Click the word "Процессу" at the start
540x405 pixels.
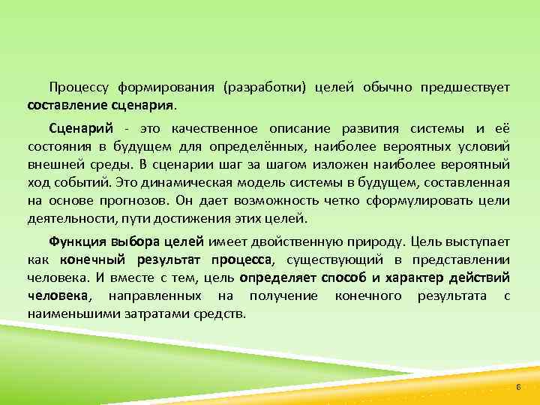pos(77,88)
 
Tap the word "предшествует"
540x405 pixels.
pos(465,88)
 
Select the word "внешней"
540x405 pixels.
pos(55,163)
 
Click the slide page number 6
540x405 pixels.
pos(517,385)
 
